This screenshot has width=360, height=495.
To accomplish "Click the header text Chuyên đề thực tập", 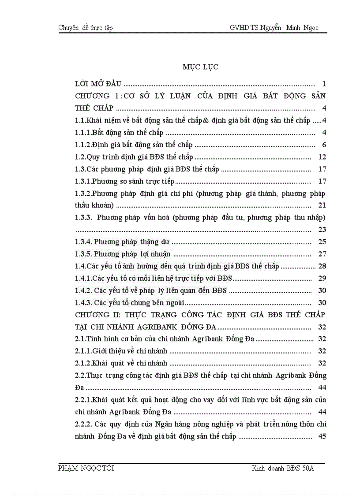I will coord(86,28).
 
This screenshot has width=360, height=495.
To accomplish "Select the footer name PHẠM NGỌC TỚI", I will coord(86,468).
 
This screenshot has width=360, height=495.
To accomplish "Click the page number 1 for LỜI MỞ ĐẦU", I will coord(324,84).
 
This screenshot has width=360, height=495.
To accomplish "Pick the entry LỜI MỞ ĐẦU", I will coord(98,84).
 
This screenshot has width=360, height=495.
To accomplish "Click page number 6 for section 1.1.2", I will coord(324,145).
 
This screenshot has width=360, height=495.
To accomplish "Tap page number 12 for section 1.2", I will coord(322,157).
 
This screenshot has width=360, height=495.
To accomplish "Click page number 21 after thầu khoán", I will coord(322,205).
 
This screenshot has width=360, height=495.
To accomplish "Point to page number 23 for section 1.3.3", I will coord(322,230).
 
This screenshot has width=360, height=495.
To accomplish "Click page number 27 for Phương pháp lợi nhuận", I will coord(322,254).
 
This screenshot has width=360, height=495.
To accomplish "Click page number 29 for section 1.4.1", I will coord(322,278).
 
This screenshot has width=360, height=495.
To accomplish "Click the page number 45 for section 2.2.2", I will coord(322,436).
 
